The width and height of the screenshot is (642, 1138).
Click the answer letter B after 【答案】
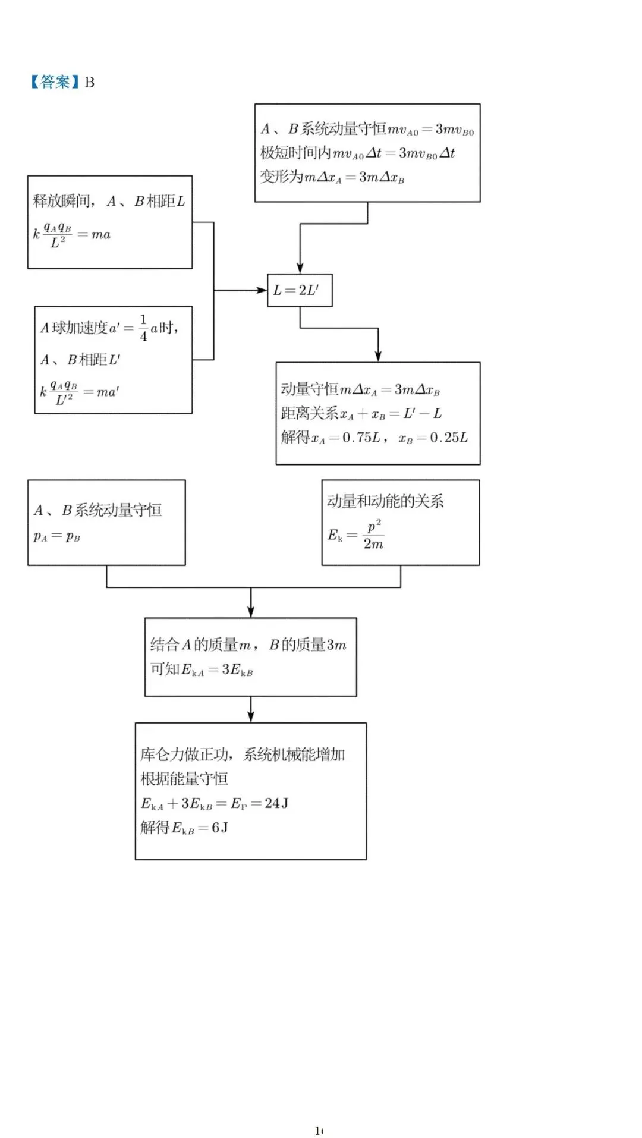click(90, 82)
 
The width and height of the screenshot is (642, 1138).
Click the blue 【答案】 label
click(55, 82)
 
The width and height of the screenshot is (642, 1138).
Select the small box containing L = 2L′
click(300, 290)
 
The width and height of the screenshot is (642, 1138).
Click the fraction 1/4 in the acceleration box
click(143, 328)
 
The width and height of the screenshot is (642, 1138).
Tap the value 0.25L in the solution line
click(449, 438)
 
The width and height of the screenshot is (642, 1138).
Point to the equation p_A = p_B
click(57, 536)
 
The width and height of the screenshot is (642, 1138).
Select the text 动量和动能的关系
click(385, 501)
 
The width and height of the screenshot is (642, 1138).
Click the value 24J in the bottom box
click(276, 803)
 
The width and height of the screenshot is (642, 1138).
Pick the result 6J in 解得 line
click(220, 828)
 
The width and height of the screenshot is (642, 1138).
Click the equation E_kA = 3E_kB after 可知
click(218, 670)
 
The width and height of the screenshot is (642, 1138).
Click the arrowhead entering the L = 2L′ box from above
click(300, 268)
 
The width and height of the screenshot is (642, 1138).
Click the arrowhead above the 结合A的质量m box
click(251, 612)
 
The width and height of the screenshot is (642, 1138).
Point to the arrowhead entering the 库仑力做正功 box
click(251, 716)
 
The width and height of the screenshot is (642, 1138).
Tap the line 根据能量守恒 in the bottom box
click(184, 779)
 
